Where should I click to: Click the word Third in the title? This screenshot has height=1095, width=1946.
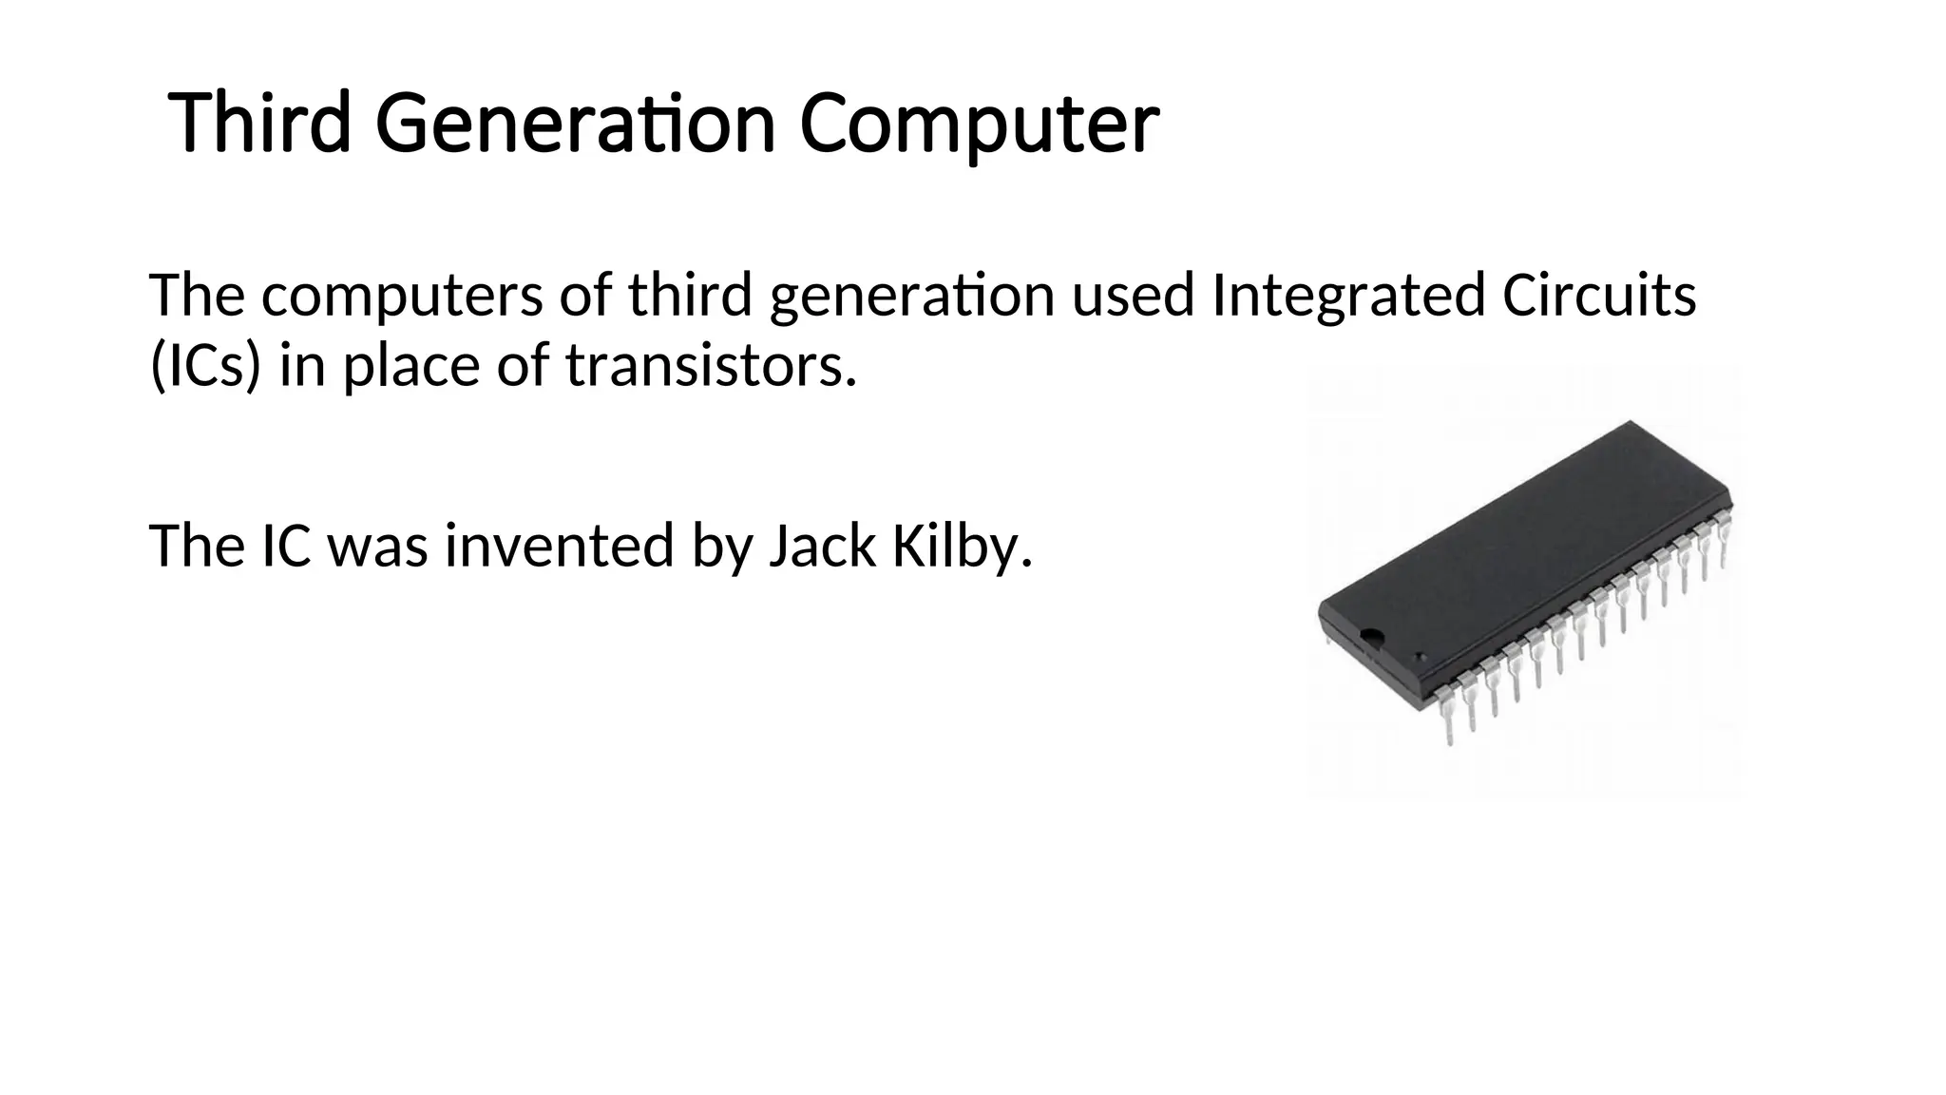pos(259,124)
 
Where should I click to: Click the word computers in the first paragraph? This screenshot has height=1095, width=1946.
pos(402,296)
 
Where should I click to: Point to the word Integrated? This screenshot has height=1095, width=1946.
pos(1347,296)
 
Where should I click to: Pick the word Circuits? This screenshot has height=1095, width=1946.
pos(1598,296)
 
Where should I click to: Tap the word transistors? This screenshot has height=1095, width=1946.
pos(711,366)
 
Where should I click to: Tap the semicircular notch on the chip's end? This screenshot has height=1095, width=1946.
pos(1371,636)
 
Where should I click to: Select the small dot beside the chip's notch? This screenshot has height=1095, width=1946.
pos(1421,658)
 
